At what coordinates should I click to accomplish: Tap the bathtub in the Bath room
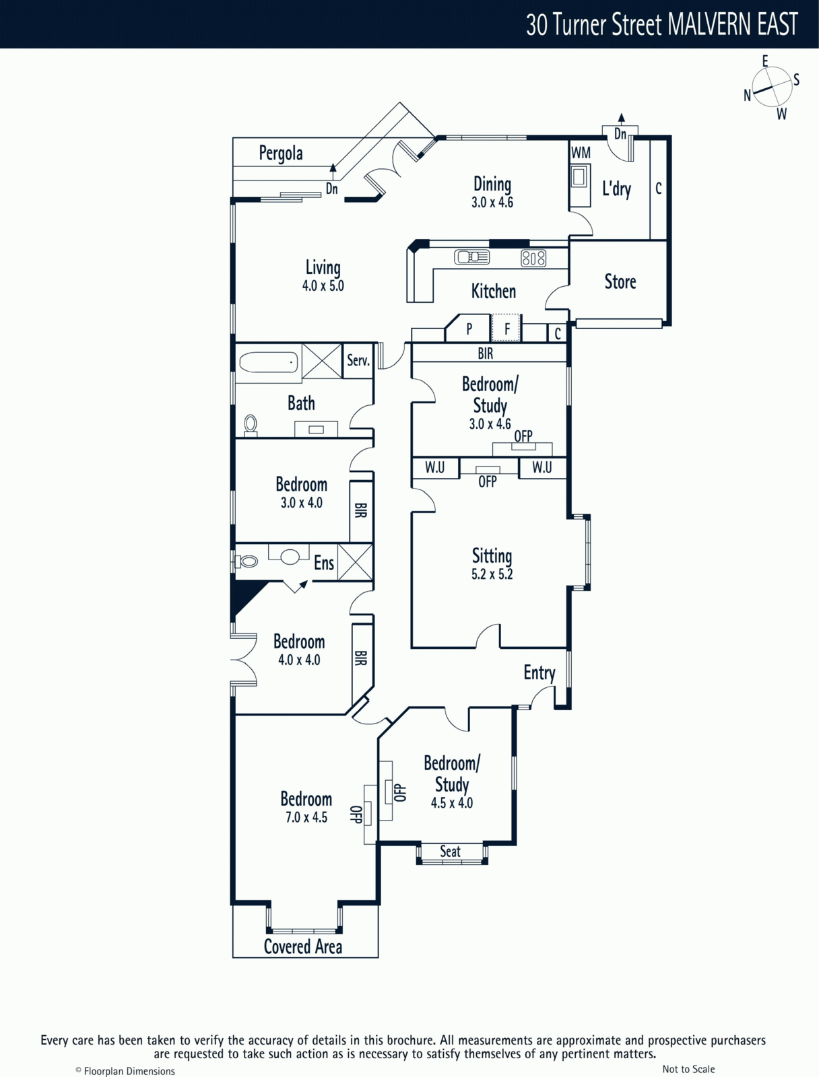coord(269,363)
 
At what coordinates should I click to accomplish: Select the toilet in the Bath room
coord(251,425)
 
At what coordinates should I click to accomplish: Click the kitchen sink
coord(471,256)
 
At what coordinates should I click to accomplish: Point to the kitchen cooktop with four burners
coord(533,258)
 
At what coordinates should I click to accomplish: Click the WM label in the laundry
coord(581,153)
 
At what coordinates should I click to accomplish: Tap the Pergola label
coord(281,153)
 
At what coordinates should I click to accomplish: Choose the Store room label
coord(620,281)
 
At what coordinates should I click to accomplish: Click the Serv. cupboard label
coord(358,361)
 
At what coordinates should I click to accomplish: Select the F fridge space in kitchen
coord(506,328)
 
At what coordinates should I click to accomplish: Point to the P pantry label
coord(469,328)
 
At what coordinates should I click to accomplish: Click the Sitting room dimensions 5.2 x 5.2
coord(492,574)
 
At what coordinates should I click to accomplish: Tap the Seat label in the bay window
coord(450,852)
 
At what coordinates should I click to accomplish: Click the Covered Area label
coord(303,946)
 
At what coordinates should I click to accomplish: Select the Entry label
coord(539,672)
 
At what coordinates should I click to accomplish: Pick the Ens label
coord(324,563)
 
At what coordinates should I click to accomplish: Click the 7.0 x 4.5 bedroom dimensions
coord(306,817)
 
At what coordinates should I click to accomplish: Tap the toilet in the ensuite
coord(247,560)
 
